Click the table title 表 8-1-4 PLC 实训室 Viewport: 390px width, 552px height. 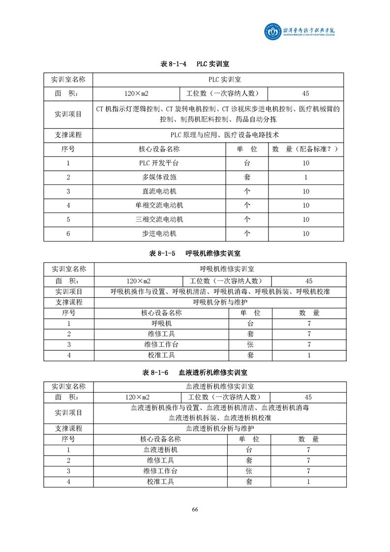click(195, 64)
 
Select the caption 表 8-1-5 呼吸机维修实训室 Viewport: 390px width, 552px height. click(195, 253)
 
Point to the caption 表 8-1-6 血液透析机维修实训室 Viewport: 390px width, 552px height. click(195, 372)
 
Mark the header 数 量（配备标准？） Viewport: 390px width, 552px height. click(305, 149)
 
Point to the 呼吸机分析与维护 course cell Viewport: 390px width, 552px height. click(220, 302)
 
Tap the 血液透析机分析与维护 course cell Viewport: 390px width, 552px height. click(220, 429)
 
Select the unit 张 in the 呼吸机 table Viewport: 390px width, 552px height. click(250, 344)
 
